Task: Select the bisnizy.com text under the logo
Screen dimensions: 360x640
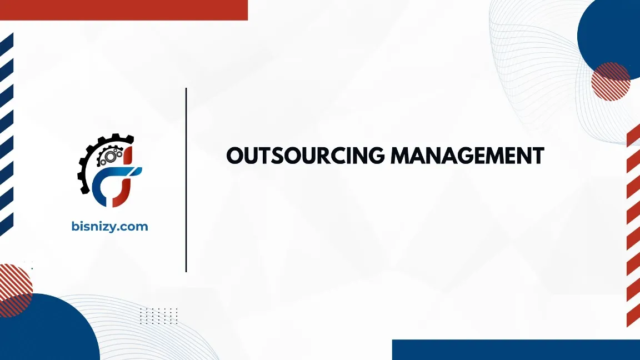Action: click(x=110, y=226)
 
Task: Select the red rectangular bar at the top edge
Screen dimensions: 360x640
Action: click(x=123, y=9)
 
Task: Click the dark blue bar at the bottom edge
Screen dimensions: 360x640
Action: click(x=516, y=349)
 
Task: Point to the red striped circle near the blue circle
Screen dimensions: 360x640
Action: click(x=611, y=81)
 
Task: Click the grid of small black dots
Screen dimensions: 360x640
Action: click(x=158, y=316)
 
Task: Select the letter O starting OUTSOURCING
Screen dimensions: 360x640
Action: click(x=236, y=156)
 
